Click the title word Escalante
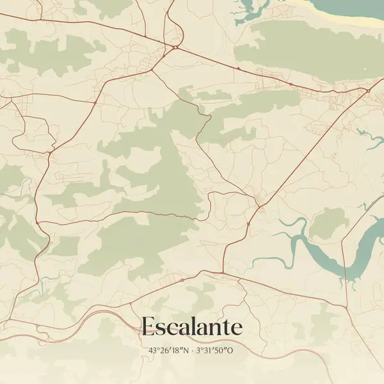coord(192,327)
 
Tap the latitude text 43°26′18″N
coord(169,351)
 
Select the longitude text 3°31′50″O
coord(214,351)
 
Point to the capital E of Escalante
coord(147,327)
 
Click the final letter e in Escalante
coord(237,329)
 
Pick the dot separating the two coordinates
coord(191,351)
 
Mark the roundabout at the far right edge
coord(369,91)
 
